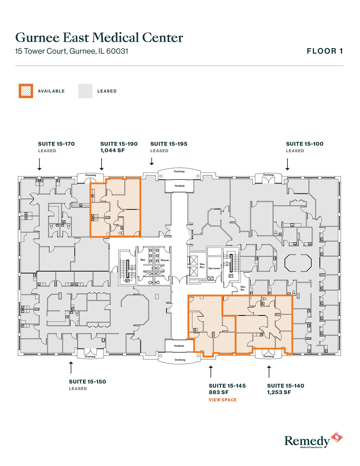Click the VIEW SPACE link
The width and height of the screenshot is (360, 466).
[222, 400]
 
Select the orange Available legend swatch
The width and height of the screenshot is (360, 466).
[26, 91]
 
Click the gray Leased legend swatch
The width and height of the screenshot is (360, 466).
[85, 91]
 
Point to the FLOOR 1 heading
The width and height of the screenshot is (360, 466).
[325, 51]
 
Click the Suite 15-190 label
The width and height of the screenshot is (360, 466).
[119, 144]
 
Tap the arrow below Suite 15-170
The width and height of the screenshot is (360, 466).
[40, 164]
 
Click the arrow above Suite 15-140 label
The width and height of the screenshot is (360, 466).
[269, 372]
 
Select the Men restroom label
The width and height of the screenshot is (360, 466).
[143, 260]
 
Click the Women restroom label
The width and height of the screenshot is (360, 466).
[165, 260]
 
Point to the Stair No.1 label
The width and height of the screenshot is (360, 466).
[128, 280]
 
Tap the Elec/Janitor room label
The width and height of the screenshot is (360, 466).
[215, 268]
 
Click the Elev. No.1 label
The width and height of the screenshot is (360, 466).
[202, 265]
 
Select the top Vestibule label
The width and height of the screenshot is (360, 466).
[180, 186]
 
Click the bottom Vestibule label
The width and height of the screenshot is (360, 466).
[179, 346]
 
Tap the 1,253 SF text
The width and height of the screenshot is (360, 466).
[279, 392]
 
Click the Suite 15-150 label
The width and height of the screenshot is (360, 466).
[87, 382]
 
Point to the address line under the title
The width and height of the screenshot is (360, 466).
[72, 51]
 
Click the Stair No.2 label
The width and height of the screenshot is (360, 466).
[231, 276]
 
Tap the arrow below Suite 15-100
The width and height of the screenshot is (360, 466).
[287, 164]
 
